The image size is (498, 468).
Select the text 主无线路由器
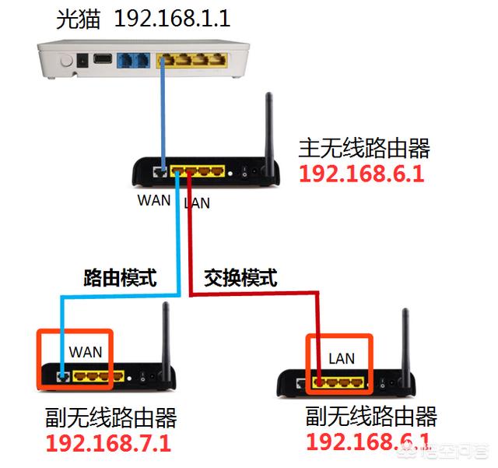pyautogui.click(x=364, y=147)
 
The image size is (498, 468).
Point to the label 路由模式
pyautogui.click(x=121, y=277)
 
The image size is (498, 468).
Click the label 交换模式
pyautogui.click(x=240, y=277)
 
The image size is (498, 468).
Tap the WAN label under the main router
pyautogui.click(x=154, y=199)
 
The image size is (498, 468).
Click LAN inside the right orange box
pyautogui.click(x=341, y=358)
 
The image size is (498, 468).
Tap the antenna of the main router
pyautogui.click(x=270, y=128)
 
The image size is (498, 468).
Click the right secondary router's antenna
pyautogui.click(x=405, y=343)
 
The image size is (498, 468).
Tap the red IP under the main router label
pyautogui.click(x=361, y=173)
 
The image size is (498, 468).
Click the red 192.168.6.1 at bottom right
pyautogui.click(x=367, y=442)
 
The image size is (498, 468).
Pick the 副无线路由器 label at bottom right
pyautogui.click(x=371, y=416)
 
